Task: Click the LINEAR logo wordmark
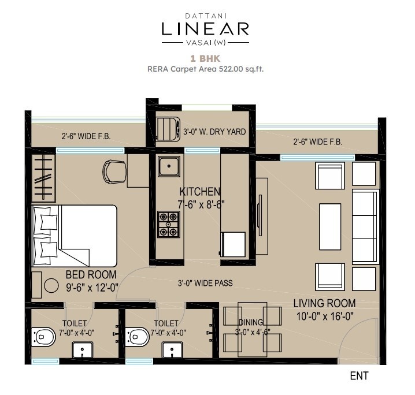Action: pos(205,29)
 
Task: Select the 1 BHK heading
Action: pos(205,58)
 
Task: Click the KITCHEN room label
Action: pos(200,191)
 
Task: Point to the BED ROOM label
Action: pos(91,275)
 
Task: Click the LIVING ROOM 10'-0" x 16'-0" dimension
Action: pos(325,316)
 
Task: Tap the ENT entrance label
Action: pos(359,376)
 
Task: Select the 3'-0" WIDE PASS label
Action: pos(205,283)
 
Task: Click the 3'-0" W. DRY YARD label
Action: pos(214,132)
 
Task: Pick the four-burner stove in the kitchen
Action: pos(169,225)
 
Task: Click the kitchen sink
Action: pos(169,166)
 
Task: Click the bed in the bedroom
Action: pos(74,236)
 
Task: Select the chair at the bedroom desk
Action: pos(114,172)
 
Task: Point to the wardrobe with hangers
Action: pos(43,178)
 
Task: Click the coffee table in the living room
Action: pos(330,226)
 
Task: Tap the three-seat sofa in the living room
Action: pos(365,226)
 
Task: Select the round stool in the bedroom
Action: pos(51,285)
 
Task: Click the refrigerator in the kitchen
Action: pos(233,244)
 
